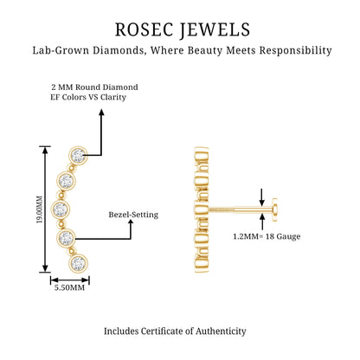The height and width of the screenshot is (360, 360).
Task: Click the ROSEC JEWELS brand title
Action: (x=183, y=29)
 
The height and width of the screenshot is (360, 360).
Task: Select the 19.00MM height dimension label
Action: (x=39, y=209)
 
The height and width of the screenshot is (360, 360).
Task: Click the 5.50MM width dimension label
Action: (x=69, y=287)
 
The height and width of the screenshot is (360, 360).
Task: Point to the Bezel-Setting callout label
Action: (x=133, y=215)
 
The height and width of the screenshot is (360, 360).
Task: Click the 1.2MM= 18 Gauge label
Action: (x=267, y=236)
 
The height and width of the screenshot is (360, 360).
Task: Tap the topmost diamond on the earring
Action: (x=78, y=156)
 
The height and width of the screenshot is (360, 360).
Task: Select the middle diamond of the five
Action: (x=61, y=208)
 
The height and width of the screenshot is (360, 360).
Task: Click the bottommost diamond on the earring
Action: (x=79, y=263)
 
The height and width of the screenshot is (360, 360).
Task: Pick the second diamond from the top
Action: (x=66, y=181)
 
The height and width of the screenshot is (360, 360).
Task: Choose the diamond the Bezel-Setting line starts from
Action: (x=66, y=238)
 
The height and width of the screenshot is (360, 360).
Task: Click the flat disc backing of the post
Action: (x=274, y=209)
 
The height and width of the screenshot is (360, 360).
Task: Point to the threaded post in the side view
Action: (x=240, y=209)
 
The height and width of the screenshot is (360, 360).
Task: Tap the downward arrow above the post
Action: (x=261, y=197)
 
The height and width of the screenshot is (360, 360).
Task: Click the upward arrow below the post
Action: (x=262, y=222)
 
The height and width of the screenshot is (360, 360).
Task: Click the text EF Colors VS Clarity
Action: (x=88, y=97)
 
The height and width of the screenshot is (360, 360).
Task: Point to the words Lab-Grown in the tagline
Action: (x=61, y=50)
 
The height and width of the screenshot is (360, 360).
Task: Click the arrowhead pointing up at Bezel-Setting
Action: (x=131, y=223)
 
